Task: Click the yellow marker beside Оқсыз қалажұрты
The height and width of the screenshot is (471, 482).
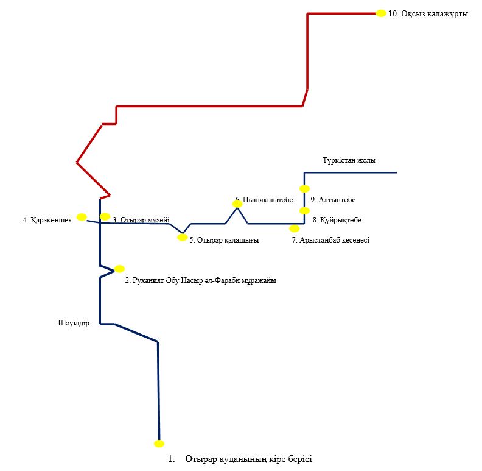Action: point(381,13)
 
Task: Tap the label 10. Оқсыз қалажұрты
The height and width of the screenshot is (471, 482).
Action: point(428,13)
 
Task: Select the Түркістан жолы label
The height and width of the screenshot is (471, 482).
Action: point(349,160)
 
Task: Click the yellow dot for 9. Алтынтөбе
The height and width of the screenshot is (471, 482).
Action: point(305,189)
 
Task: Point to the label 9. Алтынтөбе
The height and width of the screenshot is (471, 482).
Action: point(333,200)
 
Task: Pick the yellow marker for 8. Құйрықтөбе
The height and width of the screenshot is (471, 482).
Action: point(305,211)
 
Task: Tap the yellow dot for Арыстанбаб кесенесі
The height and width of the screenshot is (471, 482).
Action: point(295,228)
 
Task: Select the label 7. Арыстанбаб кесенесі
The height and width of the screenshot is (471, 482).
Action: point(330,240)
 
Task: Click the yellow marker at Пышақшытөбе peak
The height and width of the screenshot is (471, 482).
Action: point(237,204)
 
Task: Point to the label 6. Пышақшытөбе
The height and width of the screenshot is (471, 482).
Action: point(264,199)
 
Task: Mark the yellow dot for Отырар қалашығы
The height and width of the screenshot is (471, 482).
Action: point(182,238)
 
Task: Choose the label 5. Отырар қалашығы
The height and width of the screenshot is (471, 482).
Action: point(224,240)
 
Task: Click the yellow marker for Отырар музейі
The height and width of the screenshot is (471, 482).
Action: point(105,216)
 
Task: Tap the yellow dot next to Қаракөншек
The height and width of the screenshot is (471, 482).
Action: point(82,216)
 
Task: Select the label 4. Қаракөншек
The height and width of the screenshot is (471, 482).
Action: point(47,219)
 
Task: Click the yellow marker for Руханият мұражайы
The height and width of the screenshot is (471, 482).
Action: point(119,269)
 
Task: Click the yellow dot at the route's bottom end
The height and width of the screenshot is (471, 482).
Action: point(159,444)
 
